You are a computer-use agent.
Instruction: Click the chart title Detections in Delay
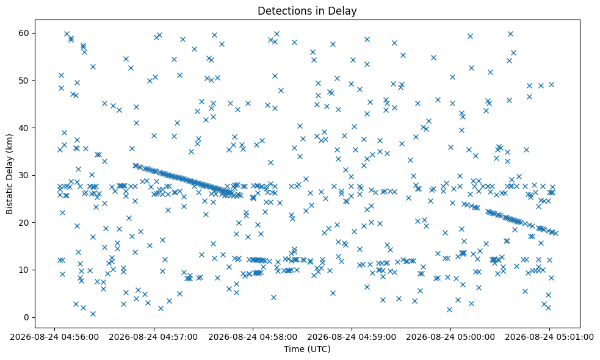tap(307, 11)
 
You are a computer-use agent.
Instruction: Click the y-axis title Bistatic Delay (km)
tap(10, 174)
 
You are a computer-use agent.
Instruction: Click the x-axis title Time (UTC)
tap(307, 349)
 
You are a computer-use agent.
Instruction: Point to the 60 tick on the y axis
tap(24, 33)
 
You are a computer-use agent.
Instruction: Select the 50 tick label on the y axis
tap(24, 81)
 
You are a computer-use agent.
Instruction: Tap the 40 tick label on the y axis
tap(24, 128)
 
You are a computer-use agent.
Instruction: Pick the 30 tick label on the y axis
tap(24, 175)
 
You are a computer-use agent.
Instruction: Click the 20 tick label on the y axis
tap(24, 223)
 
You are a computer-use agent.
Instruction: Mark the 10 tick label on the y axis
tap(24, 270)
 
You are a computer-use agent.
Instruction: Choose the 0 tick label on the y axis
tap(26, 317)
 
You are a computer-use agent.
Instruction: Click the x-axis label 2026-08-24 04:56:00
tap(54, 337)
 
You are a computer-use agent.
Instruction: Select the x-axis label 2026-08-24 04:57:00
tap(153, 337)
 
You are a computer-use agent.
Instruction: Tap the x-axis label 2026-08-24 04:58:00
tap(253, 337)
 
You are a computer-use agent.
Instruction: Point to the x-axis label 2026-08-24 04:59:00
tap(352, 337)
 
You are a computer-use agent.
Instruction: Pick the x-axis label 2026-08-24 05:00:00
tap(450, 337)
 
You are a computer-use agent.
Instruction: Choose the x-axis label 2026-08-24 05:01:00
tap(549, 337)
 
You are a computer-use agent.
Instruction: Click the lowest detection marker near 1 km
tap(93, 314)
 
